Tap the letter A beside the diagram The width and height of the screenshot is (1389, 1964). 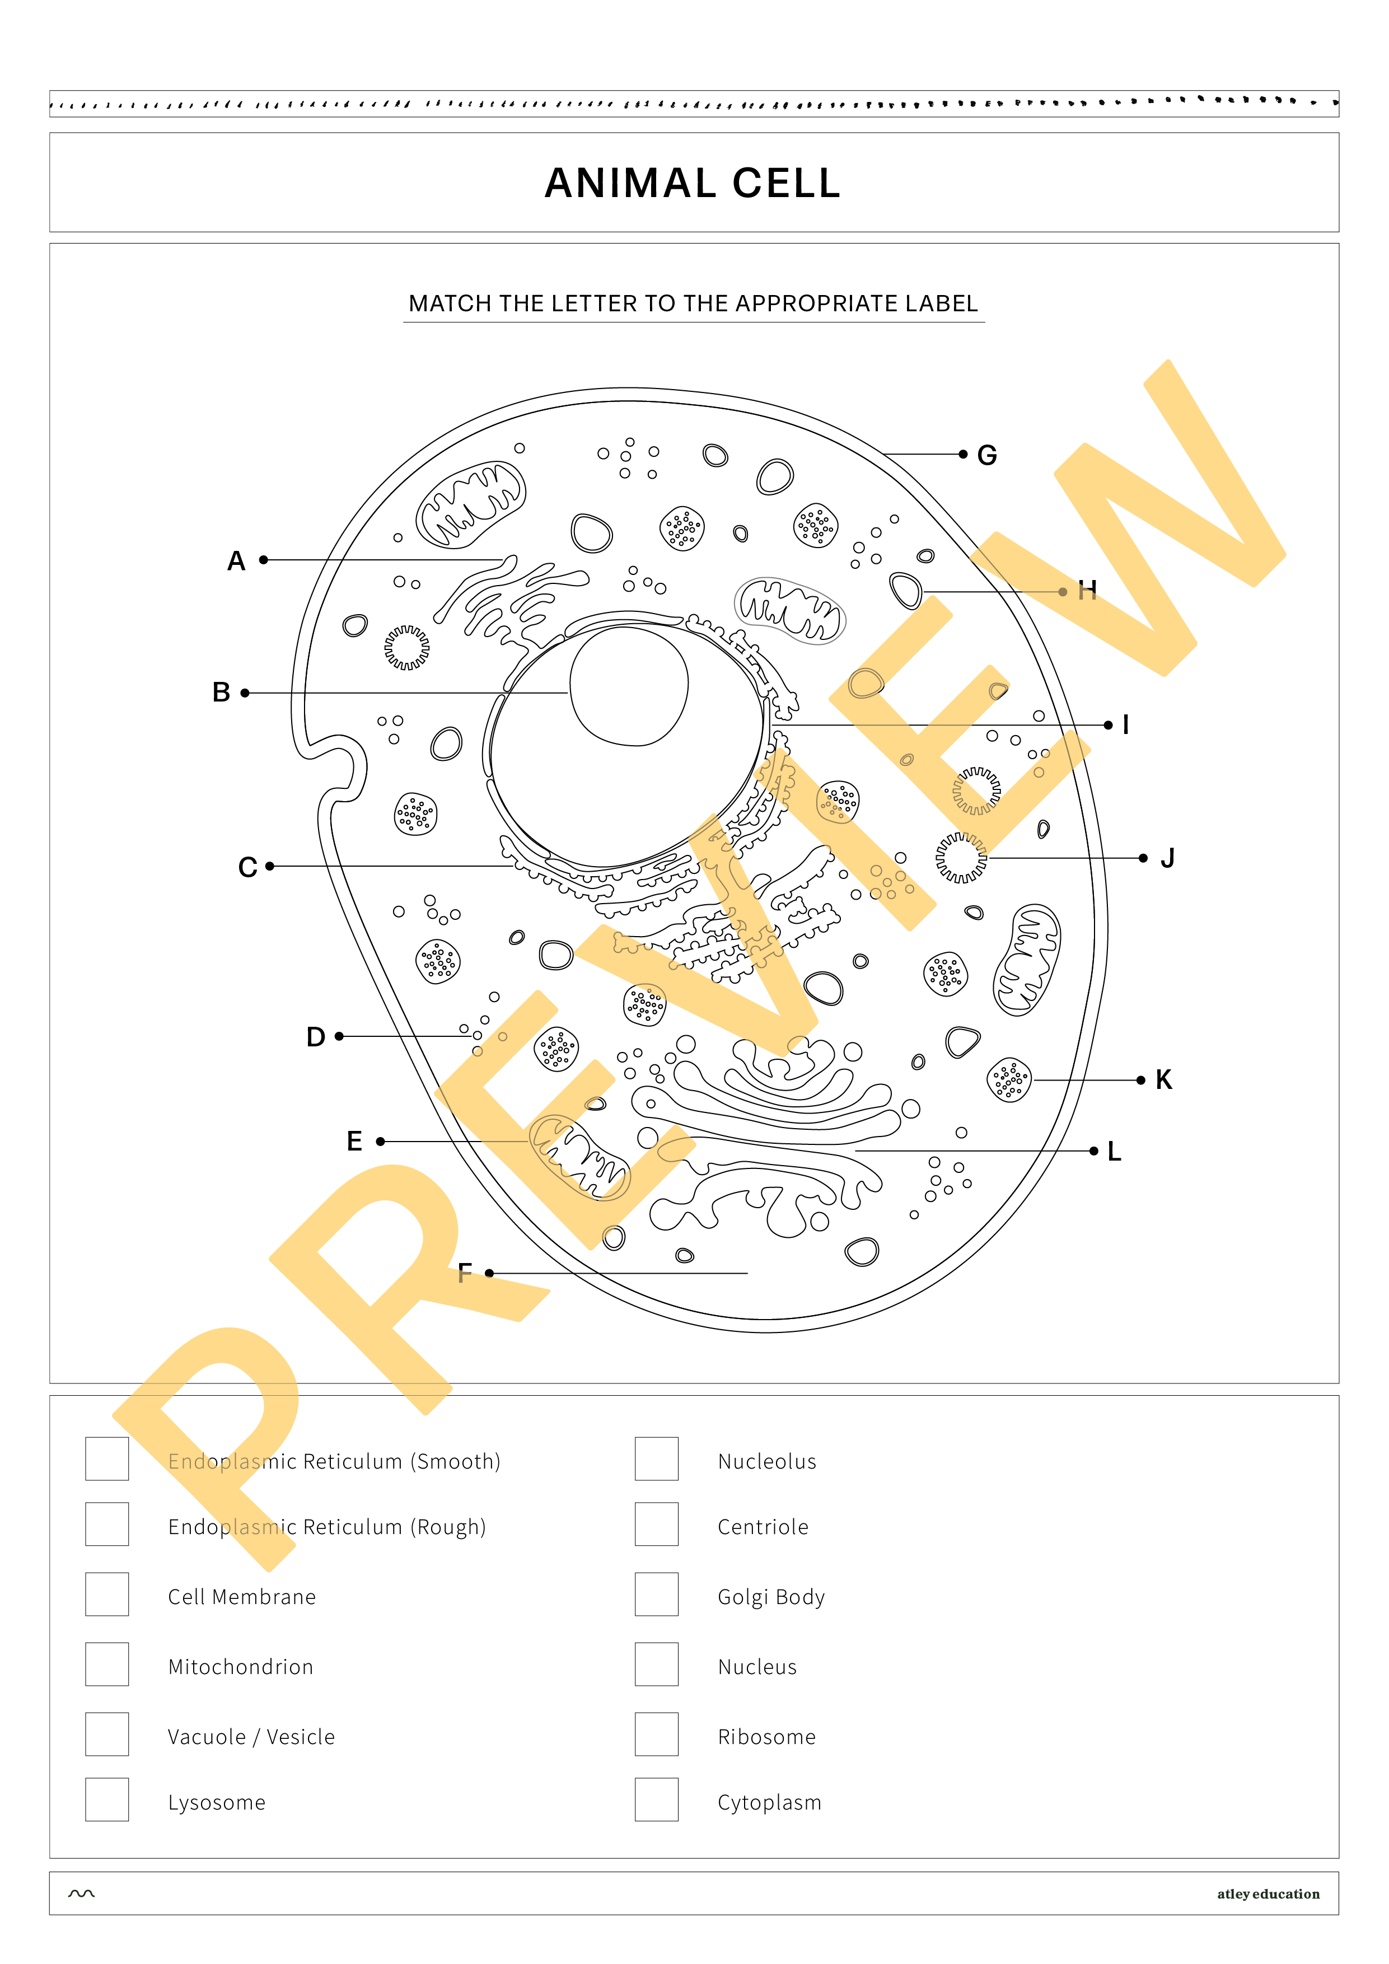(x=236, y=561)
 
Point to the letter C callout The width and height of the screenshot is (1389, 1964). (x=247, y=867)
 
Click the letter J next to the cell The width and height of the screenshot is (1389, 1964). (x=1167, y=858)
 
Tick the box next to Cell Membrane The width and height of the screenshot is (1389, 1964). (x=107, y=1594)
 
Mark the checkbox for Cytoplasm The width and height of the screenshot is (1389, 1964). (x=656, y=1800)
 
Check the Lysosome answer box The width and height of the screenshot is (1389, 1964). (x=107, y=1800)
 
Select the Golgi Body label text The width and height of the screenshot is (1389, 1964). (x=770, y=1597)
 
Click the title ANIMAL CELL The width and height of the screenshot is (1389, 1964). (x=693, y=183)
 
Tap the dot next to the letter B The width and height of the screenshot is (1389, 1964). (x=245, y=693)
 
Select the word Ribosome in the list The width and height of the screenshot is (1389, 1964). (x=766, y=1737)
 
